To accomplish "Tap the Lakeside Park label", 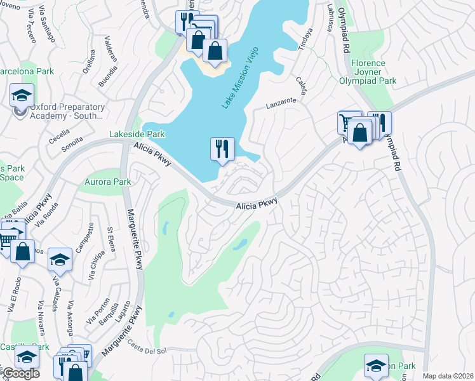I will tap(137, 134).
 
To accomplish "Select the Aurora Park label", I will tap(107, 182).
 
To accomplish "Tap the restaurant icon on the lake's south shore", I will tap(222, 149).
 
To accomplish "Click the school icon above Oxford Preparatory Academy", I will tap(22, 96).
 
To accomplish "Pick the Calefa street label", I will tap(302, 86).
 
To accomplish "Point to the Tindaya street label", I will tap(305, 38).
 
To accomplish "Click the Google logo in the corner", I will tap(21, 373).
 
